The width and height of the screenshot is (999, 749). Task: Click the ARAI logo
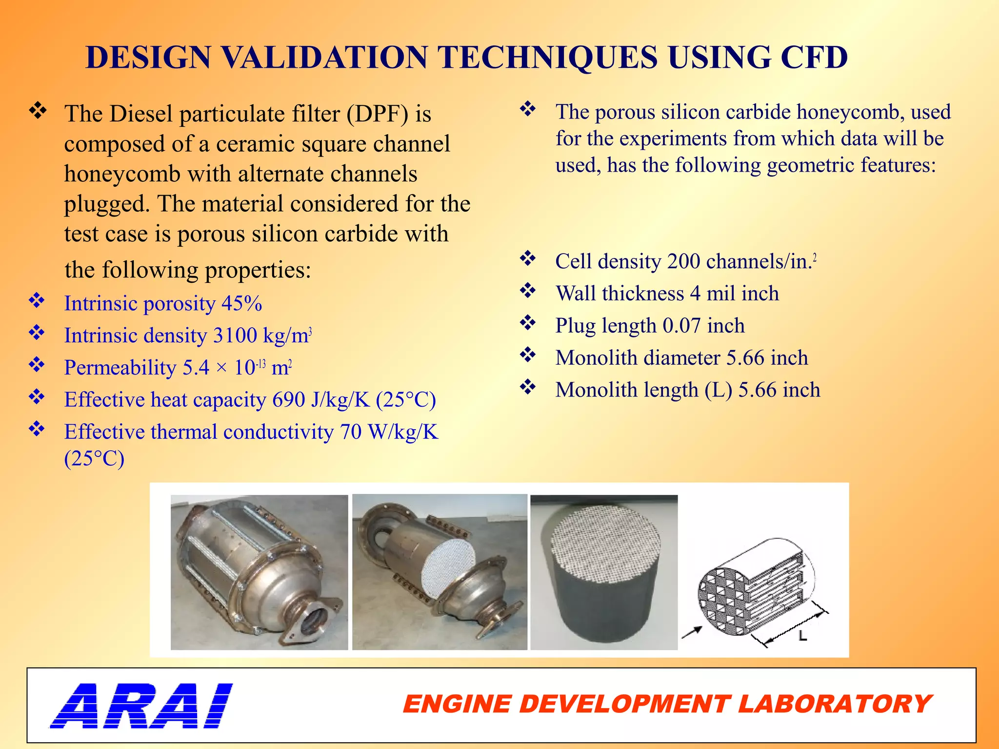point(141,705)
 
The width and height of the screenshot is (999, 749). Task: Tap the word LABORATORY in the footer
point(835,705)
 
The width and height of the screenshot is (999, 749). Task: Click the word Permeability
point(120,368)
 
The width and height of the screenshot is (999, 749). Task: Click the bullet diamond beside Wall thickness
point(528,291)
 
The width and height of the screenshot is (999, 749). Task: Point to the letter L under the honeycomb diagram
point(802,636)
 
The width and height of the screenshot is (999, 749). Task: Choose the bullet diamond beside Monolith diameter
point(528,355)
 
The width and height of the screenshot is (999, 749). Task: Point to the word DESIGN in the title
point(148,58)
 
